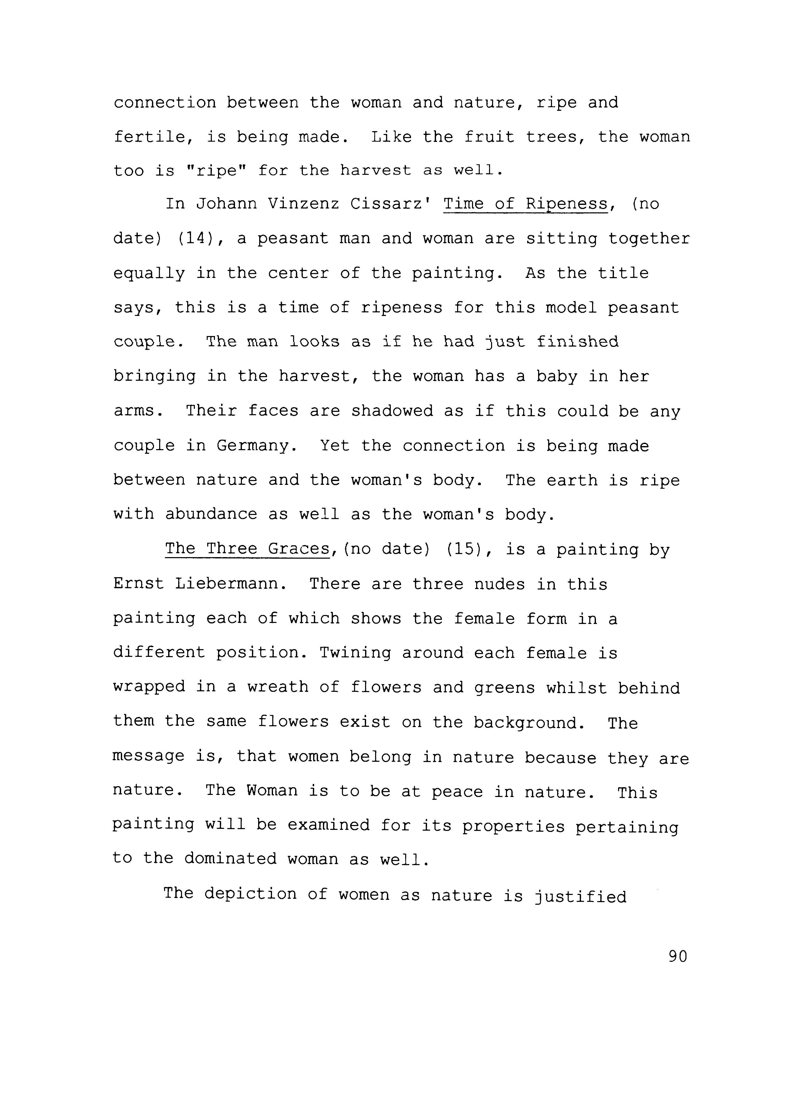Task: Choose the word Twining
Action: pyautogui.click(x=355, y=653)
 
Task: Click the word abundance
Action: pyautogui.click(x=211, y=514)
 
